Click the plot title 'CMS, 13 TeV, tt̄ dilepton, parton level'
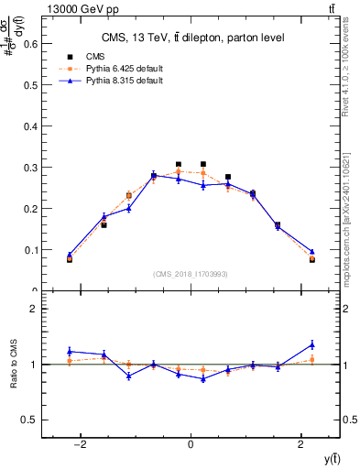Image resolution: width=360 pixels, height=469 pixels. tap(192, 38)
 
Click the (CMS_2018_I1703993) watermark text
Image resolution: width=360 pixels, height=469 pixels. tap(191, 274)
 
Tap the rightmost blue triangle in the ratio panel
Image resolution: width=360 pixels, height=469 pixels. tap(312, 344)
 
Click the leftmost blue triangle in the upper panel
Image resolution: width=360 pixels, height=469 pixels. tap(70, 255)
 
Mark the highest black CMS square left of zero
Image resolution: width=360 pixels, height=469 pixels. tap(179, 165)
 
